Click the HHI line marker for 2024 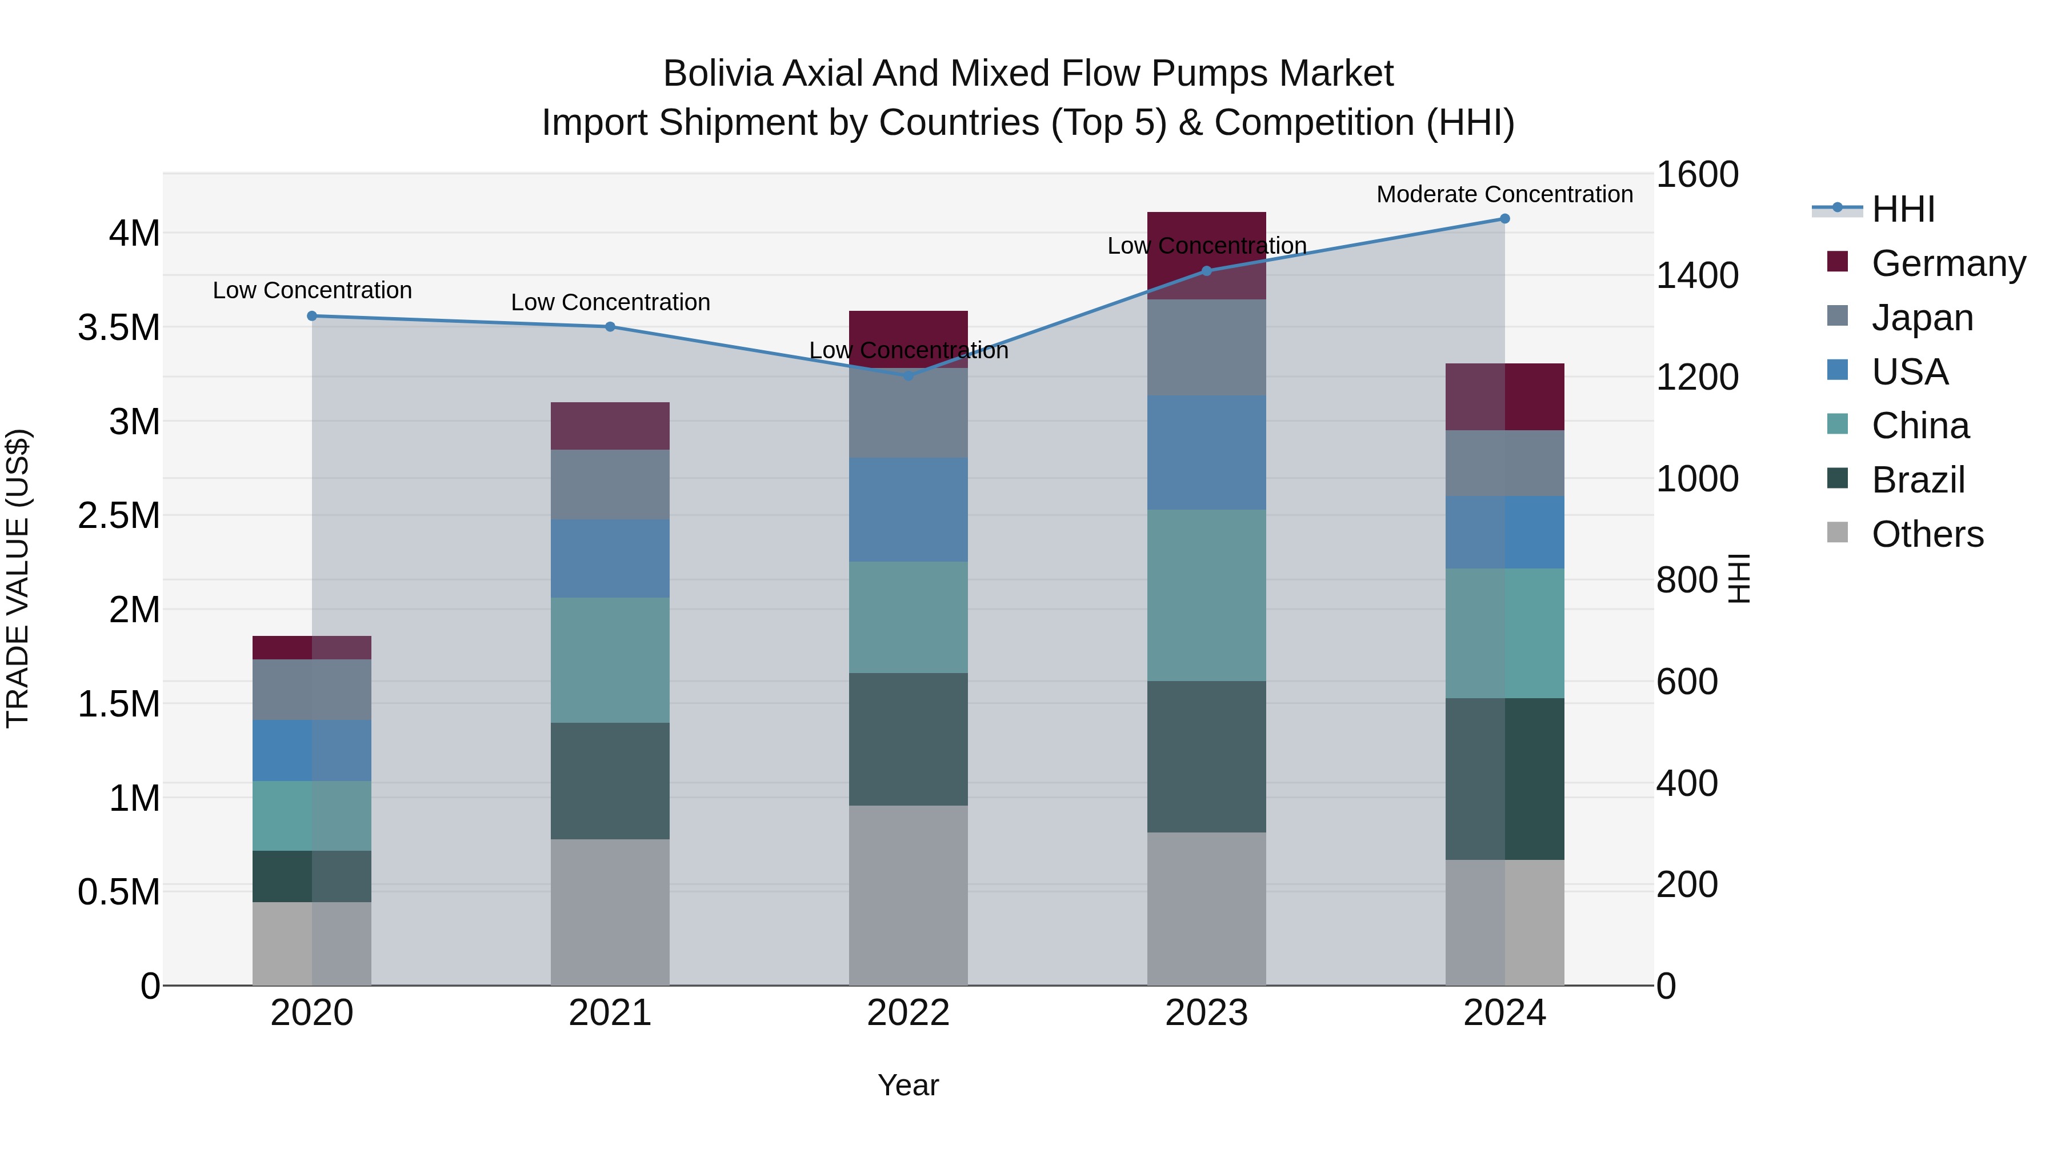1504,219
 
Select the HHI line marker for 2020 312,316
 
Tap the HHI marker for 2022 908,375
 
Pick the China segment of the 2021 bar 610,660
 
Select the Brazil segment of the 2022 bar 908,739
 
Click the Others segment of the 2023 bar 1207,908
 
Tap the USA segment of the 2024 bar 1504,532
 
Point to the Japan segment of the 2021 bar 610,485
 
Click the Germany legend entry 1948,263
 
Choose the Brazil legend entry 1918,480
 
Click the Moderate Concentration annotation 1504,194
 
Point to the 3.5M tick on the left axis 119,327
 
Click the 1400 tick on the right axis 1697,275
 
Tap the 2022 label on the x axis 908,1013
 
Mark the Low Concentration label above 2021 610,303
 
